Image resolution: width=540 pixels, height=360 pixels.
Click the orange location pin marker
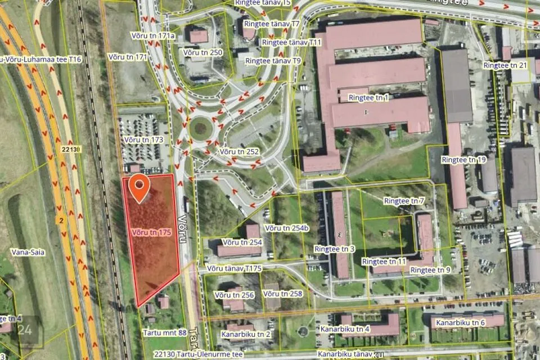(139, 187)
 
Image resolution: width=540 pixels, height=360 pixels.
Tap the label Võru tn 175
(151, 232)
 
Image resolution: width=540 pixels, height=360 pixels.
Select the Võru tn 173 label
(143, 139)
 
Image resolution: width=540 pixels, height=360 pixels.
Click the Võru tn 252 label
(239, 152)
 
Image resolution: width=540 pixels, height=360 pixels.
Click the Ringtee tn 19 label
(463, 160)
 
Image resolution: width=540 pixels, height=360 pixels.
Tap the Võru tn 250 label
(203, 52)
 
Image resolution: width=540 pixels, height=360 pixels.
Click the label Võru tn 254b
(287, 228)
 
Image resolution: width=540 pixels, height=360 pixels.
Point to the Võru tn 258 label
(282, 294)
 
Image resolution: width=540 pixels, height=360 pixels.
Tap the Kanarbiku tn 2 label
(246, 334)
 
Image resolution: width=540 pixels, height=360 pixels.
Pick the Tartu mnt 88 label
(165, 333)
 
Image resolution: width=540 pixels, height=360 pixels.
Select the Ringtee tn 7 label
(404, 201)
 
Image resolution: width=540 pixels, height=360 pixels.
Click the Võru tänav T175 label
(234, 269)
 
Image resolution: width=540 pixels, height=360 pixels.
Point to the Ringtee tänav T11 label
(291, 42)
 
